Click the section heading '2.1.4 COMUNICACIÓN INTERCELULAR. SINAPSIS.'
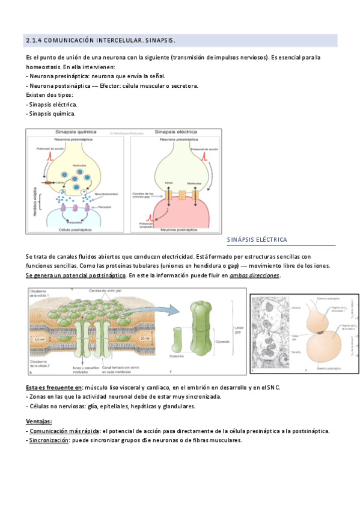tap(100, 41)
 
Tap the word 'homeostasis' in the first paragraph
tap(47, 67)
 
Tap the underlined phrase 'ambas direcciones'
tap(255, 275)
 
